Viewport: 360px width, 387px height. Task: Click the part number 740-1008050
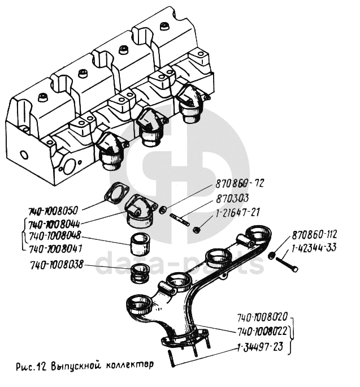53,211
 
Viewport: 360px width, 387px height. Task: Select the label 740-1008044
54,225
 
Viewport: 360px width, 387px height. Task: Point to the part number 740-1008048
55,236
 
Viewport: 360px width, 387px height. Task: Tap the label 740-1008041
55,249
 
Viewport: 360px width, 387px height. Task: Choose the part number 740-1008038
57,265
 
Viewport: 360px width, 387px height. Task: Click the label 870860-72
240,183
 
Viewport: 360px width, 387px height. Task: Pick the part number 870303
232,199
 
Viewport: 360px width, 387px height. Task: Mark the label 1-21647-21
237,213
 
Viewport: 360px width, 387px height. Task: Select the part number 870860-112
314,235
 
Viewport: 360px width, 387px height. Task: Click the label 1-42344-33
314,248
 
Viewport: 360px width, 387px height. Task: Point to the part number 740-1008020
262,317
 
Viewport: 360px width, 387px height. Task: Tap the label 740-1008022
262,332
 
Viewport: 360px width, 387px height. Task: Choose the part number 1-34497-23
260,347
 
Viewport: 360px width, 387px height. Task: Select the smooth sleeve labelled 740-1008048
140,244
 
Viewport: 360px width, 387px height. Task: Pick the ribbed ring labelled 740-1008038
140,274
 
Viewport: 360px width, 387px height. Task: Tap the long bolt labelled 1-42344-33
287,264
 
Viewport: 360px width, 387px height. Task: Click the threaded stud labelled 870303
180,220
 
